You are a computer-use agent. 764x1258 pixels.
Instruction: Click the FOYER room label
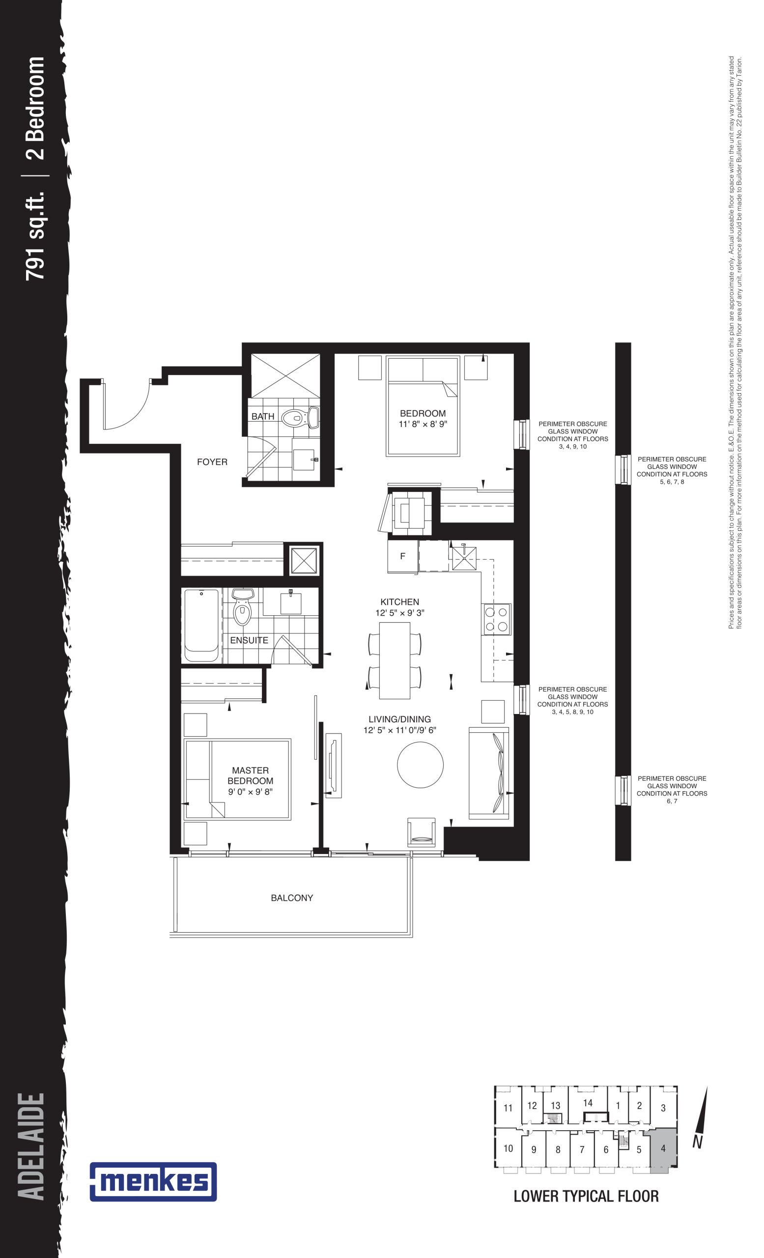point(212,461)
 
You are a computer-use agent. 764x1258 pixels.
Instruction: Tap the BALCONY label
point(292,897)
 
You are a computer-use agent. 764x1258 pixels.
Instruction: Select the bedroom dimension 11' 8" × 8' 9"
point(423,424)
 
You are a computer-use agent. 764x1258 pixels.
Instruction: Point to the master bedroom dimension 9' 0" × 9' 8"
point(250,791)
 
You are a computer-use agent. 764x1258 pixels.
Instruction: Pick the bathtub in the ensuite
point(201,626)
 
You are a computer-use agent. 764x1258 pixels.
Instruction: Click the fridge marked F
point(403,556)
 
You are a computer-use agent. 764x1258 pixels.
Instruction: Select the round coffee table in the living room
point(420,764)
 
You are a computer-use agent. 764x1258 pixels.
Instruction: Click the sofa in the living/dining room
point(488,772)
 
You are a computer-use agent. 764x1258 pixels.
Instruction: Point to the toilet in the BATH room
point(301,418)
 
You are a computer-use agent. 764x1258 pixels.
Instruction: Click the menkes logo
point(153,1181)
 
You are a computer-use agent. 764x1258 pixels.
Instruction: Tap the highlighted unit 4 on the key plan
point(662,1149)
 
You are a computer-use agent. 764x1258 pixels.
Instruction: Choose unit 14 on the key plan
point(588,1103)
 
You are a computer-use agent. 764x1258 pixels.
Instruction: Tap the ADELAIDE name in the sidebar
point(31,1146)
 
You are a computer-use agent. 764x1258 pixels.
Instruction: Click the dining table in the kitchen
point(395,660)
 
